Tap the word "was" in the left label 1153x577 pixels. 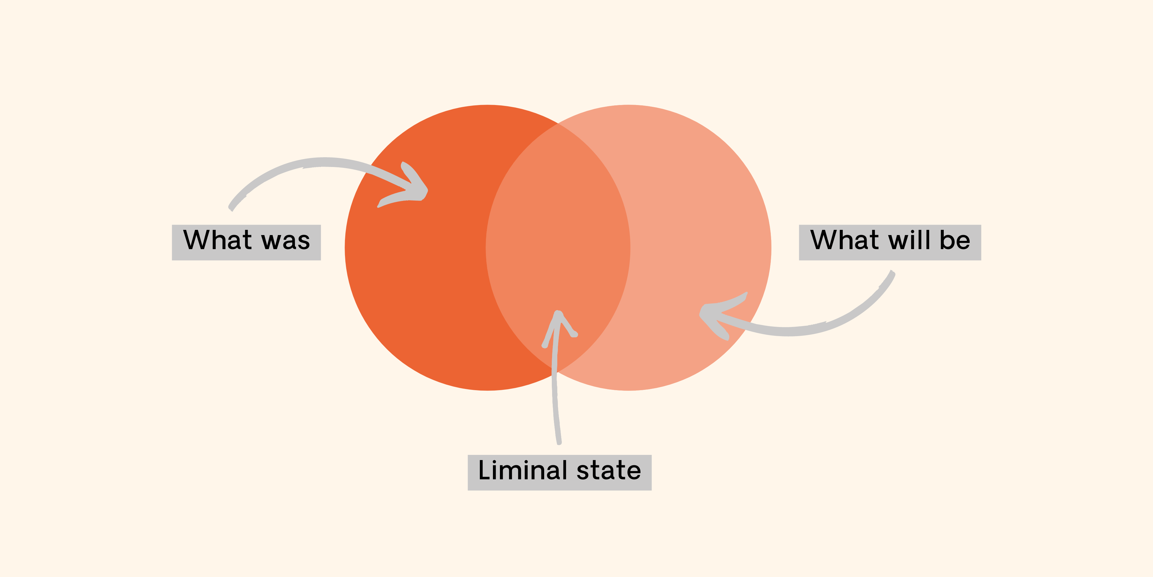click(286, 241)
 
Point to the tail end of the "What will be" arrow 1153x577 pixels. click(892, 273)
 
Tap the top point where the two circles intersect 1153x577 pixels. click(558, 123)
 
